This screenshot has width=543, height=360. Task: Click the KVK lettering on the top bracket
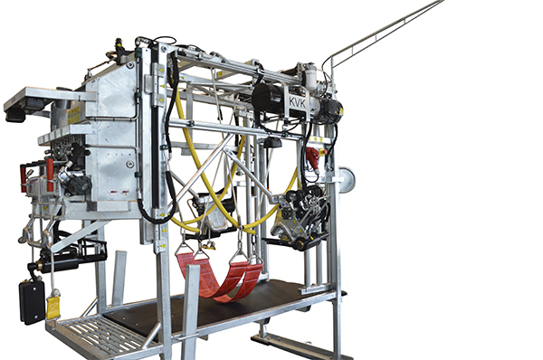(x=298, y=103)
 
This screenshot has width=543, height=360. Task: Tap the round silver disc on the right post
(x=347, y=180)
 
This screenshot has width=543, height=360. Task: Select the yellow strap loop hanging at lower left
(x=53, y=307)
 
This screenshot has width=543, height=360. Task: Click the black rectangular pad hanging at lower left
(x=32, y=302)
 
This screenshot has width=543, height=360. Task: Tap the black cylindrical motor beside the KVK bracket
(x=268, y=97)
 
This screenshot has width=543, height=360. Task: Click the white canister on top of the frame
(x=309, y=79)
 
